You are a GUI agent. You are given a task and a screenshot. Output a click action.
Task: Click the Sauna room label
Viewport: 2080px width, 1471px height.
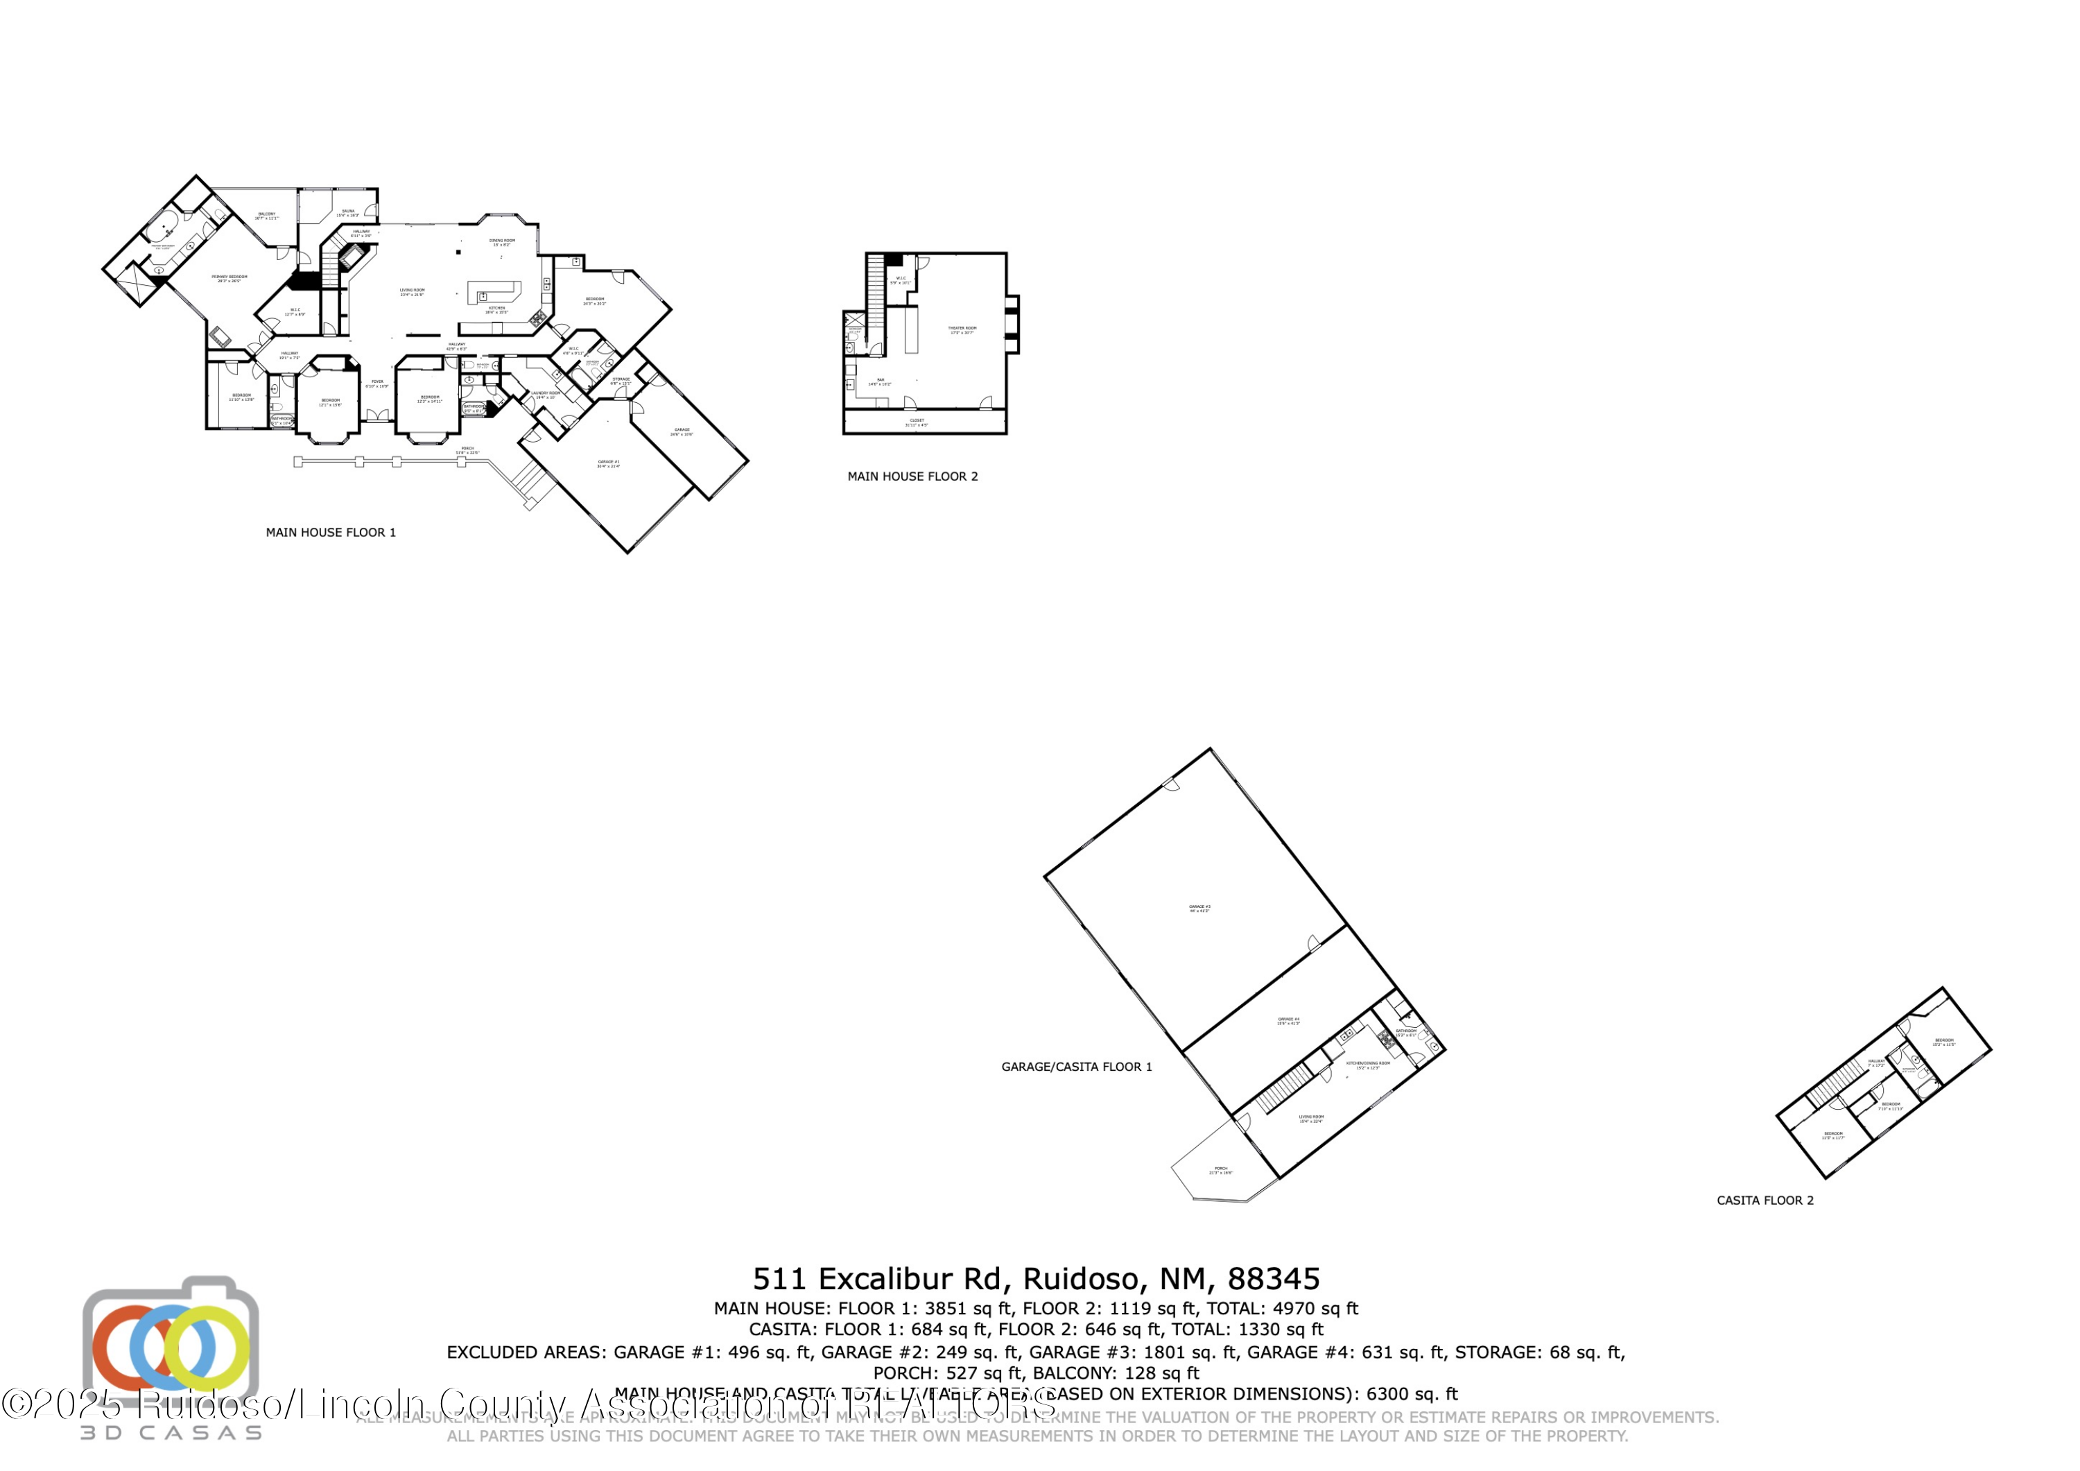point(348,213)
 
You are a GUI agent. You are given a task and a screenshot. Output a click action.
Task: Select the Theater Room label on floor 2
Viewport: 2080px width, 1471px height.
point(962,330)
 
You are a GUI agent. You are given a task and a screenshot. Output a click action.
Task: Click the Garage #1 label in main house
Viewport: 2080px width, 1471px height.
point(608,464)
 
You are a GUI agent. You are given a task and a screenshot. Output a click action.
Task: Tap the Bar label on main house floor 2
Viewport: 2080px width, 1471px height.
point(880,381)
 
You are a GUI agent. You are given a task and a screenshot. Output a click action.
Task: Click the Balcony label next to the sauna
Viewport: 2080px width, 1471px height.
point(266,216)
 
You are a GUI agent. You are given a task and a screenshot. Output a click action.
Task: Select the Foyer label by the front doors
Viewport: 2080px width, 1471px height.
point(377,384)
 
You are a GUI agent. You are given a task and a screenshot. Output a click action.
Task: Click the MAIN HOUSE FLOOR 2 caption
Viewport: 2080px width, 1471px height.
point(912,476)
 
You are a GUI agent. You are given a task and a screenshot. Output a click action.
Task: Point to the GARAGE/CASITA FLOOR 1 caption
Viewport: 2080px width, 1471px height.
point(1076,1067)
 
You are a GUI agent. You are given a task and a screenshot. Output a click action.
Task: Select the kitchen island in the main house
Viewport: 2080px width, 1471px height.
point(494,293)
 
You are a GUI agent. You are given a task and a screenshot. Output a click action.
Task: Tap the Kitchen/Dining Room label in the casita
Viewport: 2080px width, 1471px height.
point(1367,1065)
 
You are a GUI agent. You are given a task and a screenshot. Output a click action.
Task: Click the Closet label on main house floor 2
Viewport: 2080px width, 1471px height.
point(916,422)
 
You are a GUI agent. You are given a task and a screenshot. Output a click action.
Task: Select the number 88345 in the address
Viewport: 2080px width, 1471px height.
point(1273,1279)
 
